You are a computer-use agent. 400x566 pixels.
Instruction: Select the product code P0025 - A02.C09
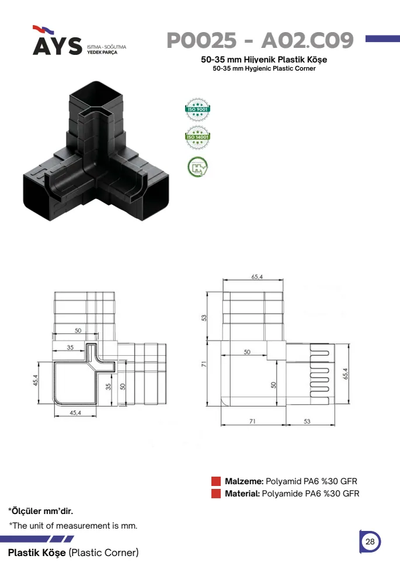coord(260,40)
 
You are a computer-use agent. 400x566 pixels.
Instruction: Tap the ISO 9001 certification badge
coord(197,109)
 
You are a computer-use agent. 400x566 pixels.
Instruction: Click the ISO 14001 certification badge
coord(197,137)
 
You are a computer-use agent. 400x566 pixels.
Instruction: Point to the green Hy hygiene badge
coord(197,167)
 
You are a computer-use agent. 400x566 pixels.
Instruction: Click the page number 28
coord(370,541)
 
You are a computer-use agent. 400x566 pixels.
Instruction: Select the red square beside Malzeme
coord(216,481)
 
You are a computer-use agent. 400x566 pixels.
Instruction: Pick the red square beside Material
coord(216,494)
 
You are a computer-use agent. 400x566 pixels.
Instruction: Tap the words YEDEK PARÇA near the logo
coord(102,53)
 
